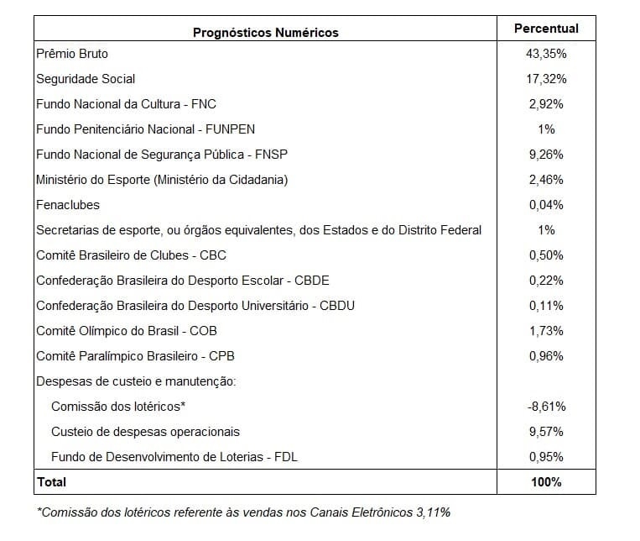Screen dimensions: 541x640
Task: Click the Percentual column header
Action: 546,29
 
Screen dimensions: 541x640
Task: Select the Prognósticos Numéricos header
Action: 266,33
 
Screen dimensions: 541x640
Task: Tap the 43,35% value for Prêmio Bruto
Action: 546,54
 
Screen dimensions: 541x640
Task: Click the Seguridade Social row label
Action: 86,79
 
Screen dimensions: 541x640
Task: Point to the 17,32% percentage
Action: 546,79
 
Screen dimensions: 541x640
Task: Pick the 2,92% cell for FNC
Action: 546,104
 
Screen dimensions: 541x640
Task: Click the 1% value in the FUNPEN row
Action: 546,129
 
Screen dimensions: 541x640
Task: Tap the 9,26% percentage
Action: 546,155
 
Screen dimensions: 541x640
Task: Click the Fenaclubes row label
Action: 68,205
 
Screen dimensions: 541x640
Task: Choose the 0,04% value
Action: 546,205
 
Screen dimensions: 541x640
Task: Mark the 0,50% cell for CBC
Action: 546,255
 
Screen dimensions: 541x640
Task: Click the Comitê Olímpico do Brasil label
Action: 127,331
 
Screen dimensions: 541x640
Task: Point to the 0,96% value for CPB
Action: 546,356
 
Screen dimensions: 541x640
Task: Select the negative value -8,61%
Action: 546,407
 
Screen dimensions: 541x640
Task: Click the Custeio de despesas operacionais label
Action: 145,432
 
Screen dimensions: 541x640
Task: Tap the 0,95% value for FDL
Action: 546,457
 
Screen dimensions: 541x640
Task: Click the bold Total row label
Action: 51,482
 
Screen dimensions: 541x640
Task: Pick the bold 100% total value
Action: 546,482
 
